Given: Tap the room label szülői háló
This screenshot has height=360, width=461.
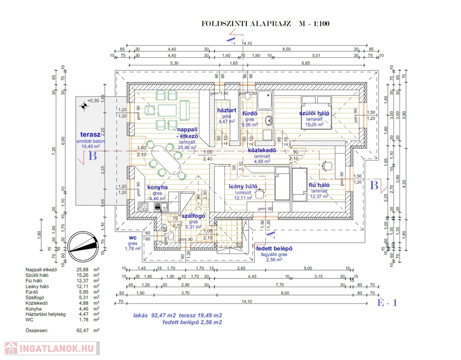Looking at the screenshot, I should pyautogui.click(x=315, y=113).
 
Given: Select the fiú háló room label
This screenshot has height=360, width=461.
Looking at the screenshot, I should pyautogui.click(x=319, y=185).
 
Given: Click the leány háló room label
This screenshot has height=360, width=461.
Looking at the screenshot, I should pyautogui.click(x=242, y=186).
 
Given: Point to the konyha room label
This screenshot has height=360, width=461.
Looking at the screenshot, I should pyautogui.click(x=158, y=187).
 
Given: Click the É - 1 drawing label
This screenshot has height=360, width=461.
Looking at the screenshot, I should pyautogui.click(x=387, y=303).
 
